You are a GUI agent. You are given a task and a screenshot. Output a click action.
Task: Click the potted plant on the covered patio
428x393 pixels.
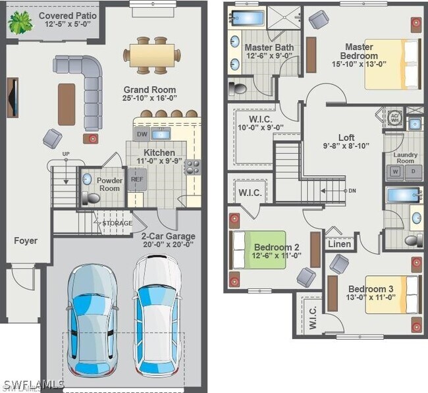point(19,22)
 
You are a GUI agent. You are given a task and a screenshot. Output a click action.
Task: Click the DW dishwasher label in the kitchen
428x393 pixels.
point(142,134)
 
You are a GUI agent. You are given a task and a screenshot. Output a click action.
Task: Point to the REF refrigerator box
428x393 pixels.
point(137,178)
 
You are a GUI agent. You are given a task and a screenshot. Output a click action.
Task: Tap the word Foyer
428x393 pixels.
point(26,241)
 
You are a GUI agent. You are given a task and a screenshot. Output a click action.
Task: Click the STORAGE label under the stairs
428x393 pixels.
point(117,224)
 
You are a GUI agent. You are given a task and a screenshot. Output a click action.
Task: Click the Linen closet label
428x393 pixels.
point(339,244)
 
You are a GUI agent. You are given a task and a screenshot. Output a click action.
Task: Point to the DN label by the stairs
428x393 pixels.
point(352,191)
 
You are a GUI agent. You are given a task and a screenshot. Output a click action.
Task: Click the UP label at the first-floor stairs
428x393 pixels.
point(65,154)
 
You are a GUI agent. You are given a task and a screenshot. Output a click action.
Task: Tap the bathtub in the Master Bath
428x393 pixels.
point(247,18)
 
